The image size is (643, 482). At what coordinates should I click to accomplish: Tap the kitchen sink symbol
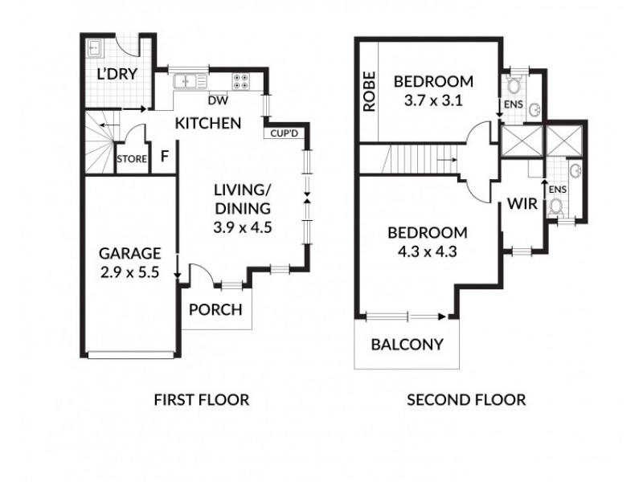pos(188,80)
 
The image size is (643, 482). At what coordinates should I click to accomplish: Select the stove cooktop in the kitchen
pos(240,80)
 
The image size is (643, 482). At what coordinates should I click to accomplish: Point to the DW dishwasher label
pos(215,100)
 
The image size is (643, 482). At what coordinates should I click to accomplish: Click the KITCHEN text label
pos(208,124)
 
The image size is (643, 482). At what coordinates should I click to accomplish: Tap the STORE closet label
pos(132,159)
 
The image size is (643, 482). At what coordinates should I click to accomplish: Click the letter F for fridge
pos(164,156)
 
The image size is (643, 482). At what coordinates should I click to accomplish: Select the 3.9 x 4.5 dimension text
pos(243,227)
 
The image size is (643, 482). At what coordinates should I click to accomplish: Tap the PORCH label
pos(215,310)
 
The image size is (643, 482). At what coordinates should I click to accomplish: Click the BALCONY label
pos(407,345)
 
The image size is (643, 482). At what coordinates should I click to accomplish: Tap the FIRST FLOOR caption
pos(201,399)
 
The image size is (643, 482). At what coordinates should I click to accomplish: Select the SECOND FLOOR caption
pos(466,399)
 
